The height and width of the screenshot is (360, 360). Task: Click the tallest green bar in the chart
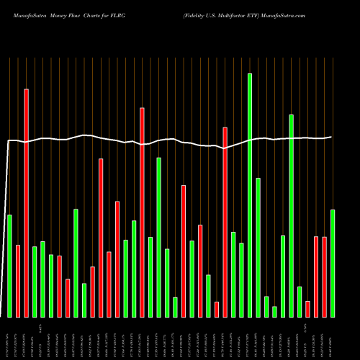pos(250,194)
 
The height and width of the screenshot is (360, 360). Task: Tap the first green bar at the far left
pos(9,266)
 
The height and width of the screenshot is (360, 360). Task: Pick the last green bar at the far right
pos(333,263)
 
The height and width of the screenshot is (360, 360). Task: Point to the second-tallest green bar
pos(292,215)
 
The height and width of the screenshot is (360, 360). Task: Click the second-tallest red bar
pos(142,212)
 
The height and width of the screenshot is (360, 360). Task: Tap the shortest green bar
pos(275,311)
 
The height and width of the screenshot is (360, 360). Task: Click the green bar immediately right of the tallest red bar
pos(35,282)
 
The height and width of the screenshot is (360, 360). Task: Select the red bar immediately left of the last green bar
pos(325,276)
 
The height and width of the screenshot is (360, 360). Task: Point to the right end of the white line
pos(331,137)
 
